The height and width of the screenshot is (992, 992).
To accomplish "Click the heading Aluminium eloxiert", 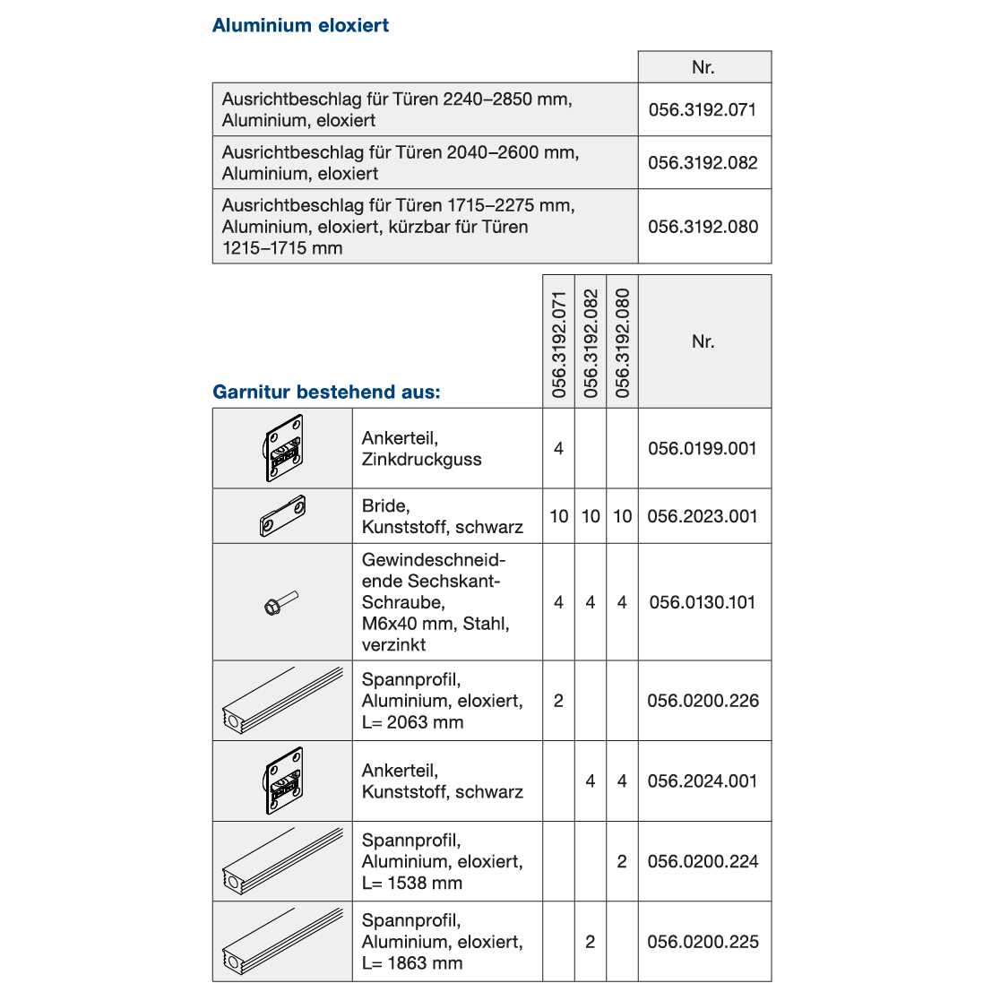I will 300,26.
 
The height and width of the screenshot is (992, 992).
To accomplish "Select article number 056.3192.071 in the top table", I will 703,110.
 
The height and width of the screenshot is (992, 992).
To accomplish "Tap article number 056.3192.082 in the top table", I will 703,163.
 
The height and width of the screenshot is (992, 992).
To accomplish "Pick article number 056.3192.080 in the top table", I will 703,227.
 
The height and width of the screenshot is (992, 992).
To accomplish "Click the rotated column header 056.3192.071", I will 559,344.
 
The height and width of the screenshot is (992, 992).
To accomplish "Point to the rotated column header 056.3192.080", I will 623,344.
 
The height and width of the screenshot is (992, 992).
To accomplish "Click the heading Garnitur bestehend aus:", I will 326,392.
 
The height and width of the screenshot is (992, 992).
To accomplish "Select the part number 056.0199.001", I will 703,449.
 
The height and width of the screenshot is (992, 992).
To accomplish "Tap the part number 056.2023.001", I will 703,517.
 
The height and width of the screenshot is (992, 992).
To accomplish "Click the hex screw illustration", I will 281,603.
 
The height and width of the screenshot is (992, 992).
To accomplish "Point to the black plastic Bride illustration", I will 283,516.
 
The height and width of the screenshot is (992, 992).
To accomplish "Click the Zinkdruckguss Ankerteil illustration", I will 283,449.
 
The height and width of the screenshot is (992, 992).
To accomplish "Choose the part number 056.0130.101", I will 703,603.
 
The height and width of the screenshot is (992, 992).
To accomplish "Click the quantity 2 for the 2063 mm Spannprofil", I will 558,701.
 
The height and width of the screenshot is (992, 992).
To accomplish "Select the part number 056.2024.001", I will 703,781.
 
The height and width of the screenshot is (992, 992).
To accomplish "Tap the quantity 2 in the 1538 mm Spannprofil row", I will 622,862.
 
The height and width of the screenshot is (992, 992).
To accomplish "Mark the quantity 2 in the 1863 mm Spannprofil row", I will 590,943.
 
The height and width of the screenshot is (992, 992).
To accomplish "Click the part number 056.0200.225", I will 703,943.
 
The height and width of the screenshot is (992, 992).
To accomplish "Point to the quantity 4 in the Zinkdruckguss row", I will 558,449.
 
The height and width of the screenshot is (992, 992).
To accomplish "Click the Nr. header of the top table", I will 703,68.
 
